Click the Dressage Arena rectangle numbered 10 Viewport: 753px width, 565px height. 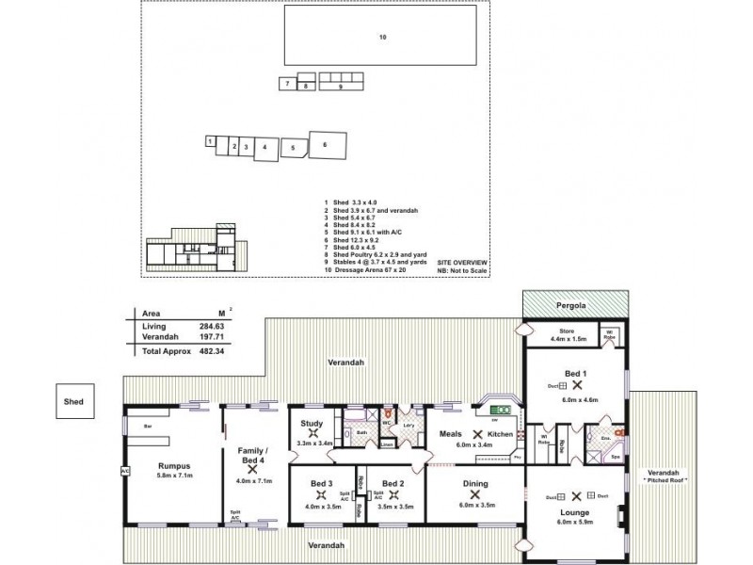383,37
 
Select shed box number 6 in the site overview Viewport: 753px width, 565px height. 327,145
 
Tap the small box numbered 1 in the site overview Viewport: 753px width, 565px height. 209,140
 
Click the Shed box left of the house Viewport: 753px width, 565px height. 74,401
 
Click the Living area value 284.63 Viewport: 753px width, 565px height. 209,325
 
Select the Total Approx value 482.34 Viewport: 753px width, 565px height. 209,348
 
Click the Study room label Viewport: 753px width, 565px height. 311,424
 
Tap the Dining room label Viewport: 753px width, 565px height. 474,483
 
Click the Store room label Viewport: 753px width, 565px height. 566,330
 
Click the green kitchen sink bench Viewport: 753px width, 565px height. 500,410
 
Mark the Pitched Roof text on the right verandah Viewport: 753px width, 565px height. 664,480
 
